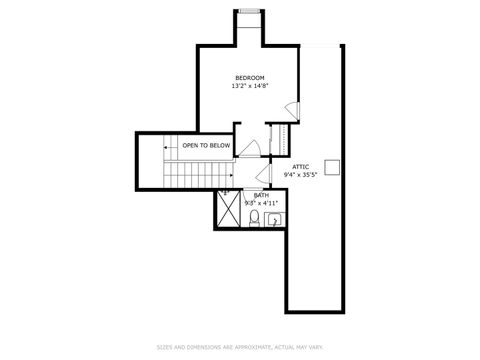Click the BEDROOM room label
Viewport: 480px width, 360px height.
coord(249,78)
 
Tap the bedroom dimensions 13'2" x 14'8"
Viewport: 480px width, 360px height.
coord(249,86)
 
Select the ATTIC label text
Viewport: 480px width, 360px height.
coord(300,166)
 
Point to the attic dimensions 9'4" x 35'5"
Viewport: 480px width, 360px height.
coord(300,175)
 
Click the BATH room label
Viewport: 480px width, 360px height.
coord(260,195)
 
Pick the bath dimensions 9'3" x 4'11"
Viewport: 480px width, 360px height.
coord(260,203)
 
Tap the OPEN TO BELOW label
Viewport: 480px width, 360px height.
coord(206,146)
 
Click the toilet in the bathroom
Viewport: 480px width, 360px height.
coord(254,217)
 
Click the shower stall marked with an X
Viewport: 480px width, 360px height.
coord(229,211)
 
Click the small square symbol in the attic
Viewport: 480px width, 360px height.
coord(337,167)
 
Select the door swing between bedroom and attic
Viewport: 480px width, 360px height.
coord(291,110)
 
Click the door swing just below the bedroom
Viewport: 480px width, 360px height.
coord(252,149)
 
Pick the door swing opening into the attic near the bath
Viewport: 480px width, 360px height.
coord(262,178)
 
